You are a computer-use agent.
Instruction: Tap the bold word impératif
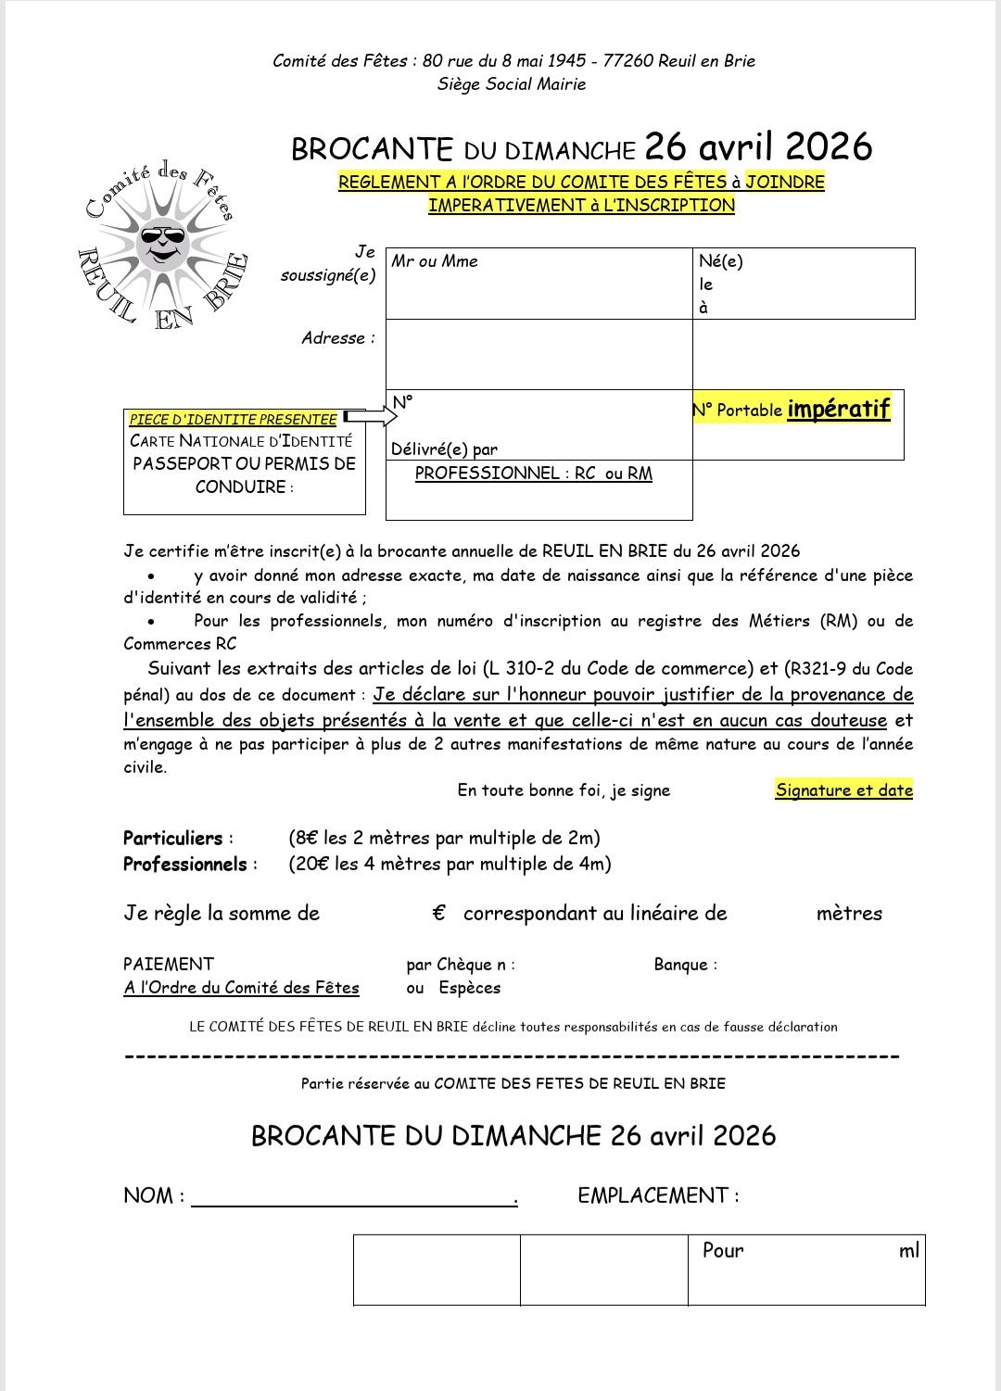839,409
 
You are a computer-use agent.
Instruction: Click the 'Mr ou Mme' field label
435,261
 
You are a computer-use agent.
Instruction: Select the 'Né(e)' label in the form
721,261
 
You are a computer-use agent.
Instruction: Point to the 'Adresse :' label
338,338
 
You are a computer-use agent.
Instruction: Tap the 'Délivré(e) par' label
444,449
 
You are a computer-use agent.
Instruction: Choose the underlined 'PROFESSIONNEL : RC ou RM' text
533,474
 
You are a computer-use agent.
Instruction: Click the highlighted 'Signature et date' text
844,790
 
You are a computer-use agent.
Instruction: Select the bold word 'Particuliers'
173,839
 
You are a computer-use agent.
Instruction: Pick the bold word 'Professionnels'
184,865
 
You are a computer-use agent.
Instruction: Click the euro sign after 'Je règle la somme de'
439,914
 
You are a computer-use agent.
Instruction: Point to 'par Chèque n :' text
461,965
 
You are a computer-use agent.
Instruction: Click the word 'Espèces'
470,988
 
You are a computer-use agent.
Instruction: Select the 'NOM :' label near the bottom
154,1196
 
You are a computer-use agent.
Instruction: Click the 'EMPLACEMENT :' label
658,1196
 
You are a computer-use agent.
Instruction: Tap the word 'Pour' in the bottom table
723,1251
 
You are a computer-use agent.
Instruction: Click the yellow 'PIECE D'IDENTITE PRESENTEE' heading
233,420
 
